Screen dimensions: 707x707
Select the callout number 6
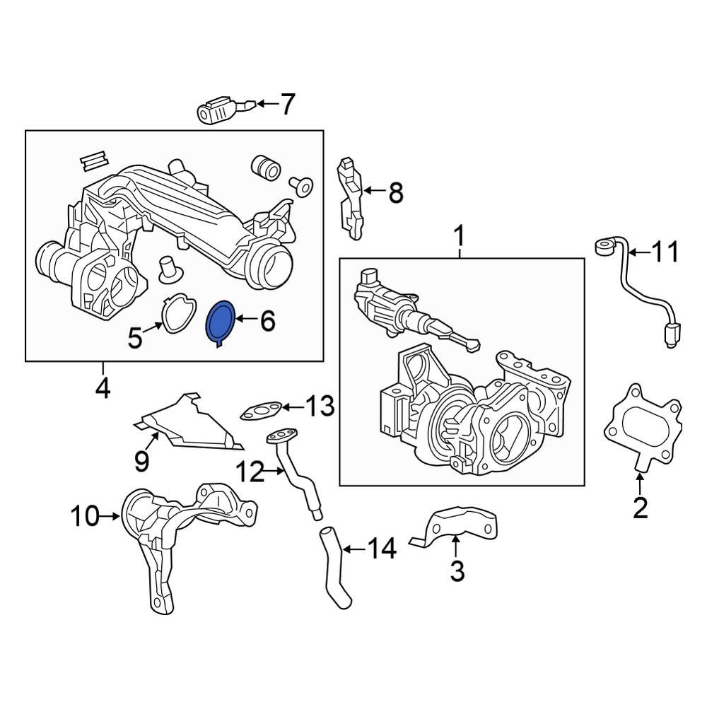tap(267, 322)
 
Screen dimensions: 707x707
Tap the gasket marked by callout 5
tap(177, 313)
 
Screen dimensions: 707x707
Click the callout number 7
tap(286, 105)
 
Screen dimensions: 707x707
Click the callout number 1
tap(460, 236)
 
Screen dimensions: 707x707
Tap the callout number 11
tap(664, 252)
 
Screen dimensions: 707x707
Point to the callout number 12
tap(248, 472)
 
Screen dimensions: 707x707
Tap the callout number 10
tap(85, 517)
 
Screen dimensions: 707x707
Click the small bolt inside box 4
tap(302, 186)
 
